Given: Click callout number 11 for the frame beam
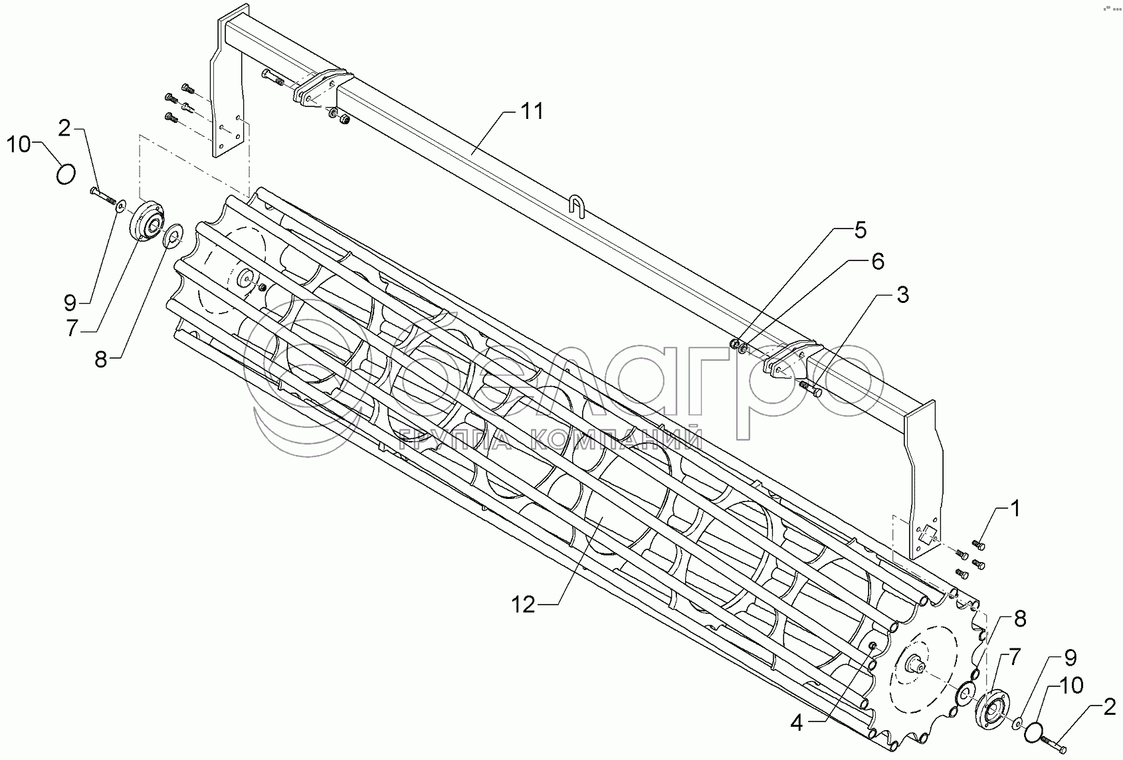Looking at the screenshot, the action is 532,112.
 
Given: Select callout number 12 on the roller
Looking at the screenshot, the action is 524,605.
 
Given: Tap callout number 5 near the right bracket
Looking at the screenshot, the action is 861,230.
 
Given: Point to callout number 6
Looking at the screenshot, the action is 878,261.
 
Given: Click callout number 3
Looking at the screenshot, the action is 902,295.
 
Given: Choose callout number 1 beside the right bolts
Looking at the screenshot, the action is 1015,509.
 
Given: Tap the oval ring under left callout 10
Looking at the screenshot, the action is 66,175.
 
